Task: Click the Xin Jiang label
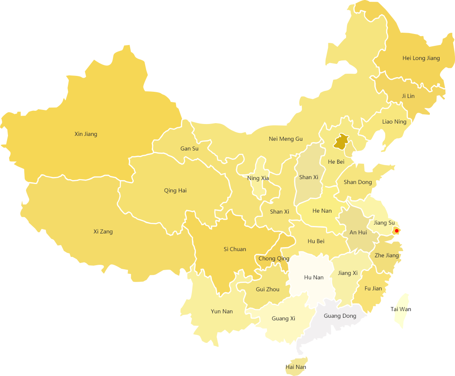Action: point(86,134)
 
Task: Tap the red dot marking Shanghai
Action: point(396,231)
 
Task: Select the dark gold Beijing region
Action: point(341,142)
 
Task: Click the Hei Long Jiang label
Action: point(421,58)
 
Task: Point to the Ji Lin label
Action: point(408,96)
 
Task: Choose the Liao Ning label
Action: point(394,121)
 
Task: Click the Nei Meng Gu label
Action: point(286,139)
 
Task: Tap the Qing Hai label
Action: point(175,191)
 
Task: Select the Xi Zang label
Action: point(103,231)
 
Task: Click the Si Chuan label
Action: point(235,249)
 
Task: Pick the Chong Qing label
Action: point(274,258)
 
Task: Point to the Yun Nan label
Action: point(222,311)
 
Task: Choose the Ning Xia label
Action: point(258,178)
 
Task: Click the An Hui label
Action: point(358,232)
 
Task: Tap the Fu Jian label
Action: point(373,288)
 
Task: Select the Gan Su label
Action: point(189,148)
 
